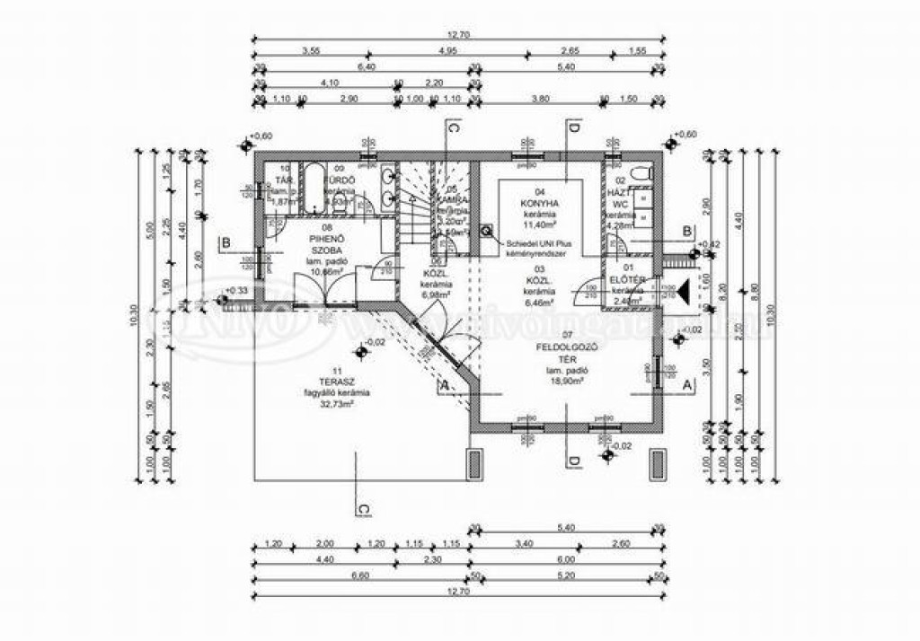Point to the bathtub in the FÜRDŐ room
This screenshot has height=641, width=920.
tap(314, 189)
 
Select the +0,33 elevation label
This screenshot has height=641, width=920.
tap(237, 291)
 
